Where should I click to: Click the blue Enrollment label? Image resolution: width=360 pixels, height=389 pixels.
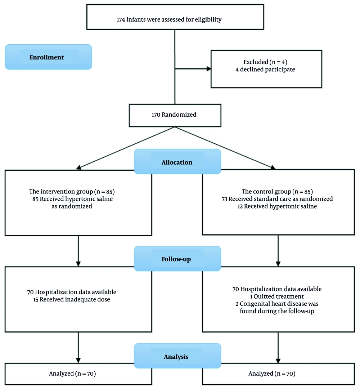(48, 57)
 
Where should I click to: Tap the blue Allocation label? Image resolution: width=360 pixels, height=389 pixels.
(177, 161)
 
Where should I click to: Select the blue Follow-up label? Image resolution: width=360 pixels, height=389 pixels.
(177, 259)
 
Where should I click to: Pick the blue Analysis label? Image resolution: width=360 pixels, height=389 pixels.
(177, 356)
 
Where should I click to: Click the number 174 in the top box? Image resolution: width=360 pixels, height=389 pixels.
(121, 19)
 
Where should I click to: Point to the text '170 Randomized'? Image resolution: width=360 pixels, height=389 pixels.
(174, 115)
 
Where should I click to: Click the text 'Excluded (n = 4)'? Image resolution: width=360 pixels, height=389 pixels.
(265, 62)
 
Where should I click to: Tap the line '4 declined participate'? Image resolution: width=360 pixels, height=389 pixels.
(265, 70)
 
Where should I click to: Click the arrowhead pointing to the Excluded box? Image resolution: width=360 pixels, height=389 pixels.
(209, 69)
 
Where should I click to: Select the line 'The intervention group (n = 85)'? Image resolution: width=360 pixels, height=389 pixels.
(72, 192)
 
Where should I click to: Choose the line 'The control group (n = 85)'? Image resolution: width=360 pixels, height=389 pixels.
(277, 192)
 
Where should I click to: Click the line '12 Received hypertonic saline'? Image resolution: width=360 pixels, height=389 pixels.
(277, 206)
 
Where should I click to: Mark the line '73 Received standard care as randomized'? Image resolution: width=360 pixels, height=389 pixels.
(277, 199)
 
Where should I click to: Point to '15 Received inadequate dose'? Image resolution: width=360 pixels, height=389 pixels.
(72, 299)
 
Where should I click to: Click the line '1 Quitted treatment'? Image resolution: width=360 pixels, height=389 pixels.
(277, 296)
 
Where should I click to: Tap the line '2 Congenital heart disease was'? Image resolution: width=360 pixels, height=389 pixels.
(277, 304)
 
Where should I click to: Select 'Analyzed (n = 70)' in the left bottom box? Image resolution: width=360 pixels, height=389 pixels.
(72, 374)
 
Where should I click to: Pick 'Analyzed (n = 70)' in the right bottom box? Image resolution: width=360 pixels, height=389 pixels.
(272, 374)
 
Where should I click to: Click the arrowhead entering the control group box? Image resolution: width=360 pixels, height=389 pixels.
(273, 167)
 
